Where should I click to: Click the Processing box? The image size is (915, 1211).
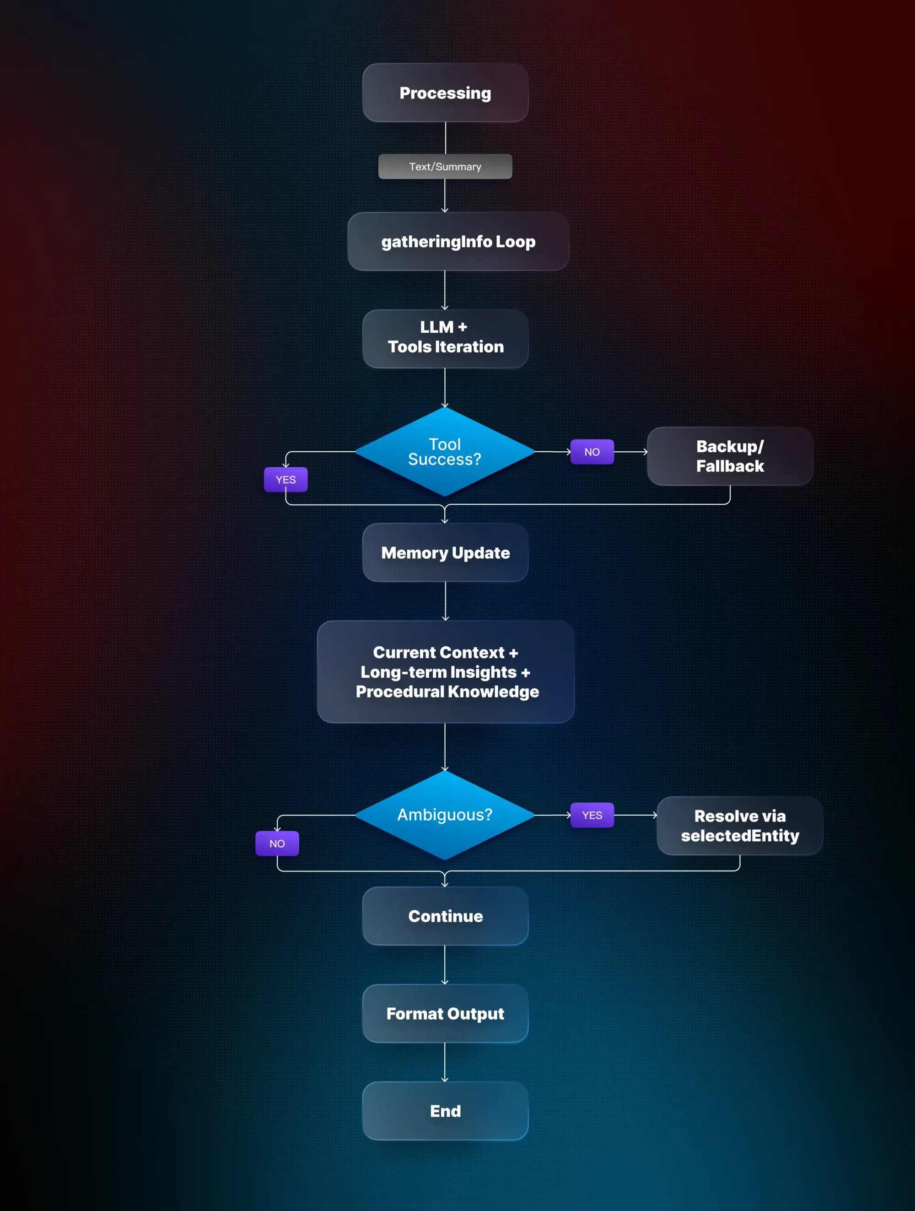[445, 92]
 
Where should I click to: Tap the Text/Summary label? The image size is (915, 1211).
[445, 167]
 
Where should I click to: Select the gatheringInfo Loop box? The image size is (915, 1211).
[458, 242]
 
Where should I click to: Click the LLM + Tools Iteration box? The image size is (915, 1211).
[445, 338]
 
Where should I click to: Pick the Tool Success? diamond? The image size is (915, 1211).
[444, 452]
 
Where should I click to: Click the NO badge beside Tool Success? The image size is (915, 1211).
[592, 452]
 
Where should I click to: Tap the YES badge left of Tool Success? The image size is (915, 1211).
[285, 480]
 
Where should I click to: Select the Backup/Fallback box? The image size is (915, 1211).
[729, 456]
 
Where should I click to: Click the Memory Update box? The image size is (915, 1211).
[445, 552]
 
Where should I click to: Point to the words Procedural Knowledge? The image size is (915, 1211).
[447, 692]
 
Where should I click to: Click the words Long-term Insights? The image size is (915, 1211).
[438, 672]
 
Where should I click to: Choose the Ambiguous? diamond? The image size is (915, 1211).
[444, 815]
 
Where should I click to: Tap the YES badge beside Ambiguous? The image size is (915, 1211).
[592, 815]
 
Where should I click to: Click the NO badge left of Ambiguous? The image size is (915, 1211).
[277, 843]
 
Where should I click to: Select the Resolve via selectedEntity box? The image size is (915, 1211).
[739, 826]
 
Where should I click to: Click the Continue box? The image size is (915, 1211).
[445, 916]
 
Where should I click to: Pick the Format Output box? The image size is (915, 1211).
[445, 1013]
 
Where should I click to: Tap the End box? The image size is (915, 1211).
[445, 1111]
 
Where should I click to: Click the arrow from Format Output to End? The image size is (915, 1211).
[445, 1062]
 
